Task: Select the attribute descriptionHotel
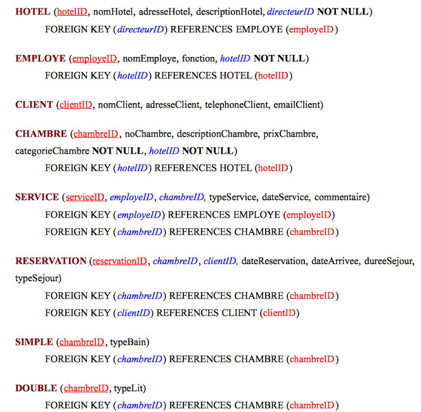click(x=229, y=12)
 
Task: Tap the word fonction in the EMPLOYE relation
click(x=198, y=58)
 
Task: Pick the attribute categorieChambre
click(x=52, y=151)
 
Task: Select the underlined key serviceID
click(x=85, y=197)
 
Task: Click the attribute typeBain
click(x=129, y=342)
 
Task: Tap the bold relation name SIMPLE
click(x=34, y=342)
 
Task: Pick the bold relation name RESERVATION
click(x=51, y=261)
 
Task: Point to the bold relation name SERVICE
click(x=37, y=197)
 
